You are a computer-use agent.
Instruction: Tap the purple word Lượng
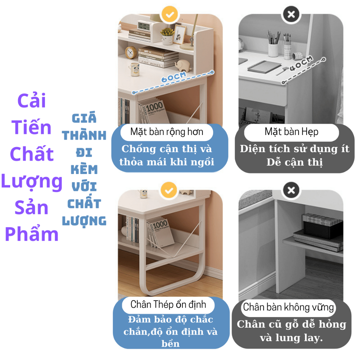(32, 181)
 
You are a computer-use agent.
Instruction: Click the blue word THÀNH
(84, 135)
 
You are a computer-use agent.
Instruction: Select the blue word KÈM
(84, 170)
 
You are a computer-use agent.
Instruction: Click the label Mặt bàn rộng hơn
(167, 132)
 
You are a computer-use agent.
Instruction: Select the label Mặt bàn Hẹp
(291, 132)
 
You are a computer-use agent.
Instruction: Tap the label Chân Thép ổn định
(168, 304)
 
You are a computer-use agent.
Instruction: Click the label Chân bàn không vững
(288, 307)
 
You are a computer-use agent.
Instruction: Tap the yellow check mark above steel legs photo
(169, 190)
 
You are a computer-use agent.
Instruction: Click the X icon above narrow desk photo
(291, 15)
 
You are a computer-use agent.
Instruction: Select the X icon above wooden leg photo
(291, 190)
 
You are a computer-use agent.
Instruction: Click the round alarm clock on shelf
(131, 52)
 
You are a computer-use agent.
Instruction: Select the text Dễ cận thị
(294, 163)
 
